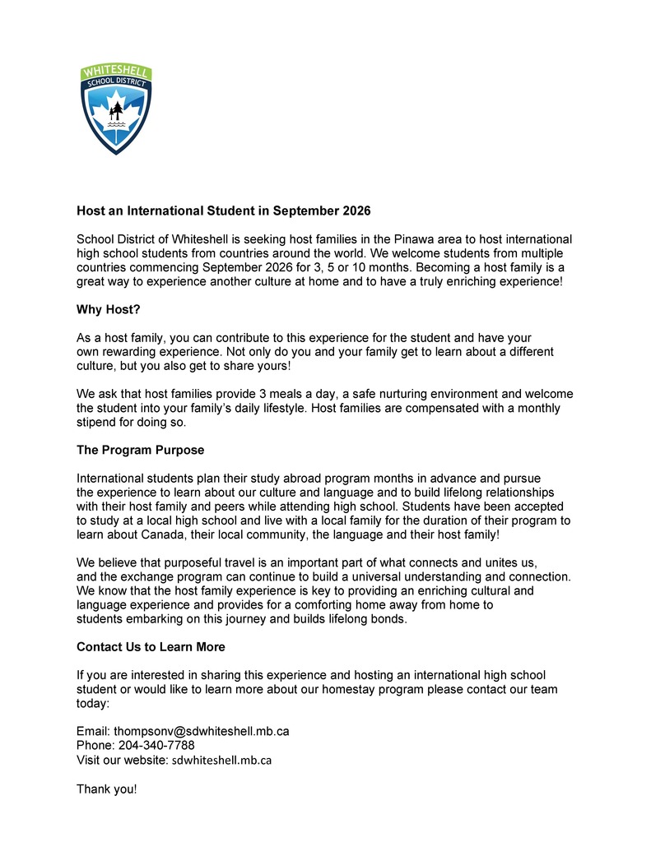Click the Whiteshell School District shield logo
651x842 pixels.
tap(116, 109)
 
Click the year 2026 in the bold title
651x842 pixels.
tap(356, 211)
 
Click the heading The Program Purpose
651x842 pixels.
tap(140, 451)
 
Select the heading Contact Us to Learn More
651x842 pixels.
tap(151, 647)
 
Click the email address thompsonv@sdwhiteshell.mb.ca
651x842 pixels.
tap(201, 731)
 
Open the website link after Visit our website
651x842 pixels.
tap(221, 761)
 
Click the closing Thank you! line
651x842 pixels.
tap(107, 789)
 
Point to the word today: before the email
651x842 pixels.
tap(93, 703)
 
